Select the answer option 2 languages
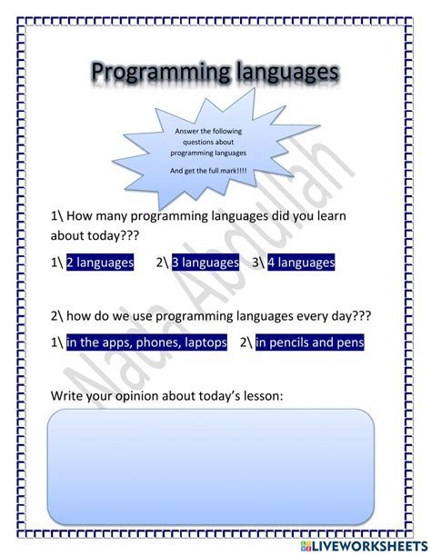(x=99, y=263)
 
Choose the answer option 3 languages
(x=205, y=263)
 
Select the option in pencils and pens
(x=309, y=342)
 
